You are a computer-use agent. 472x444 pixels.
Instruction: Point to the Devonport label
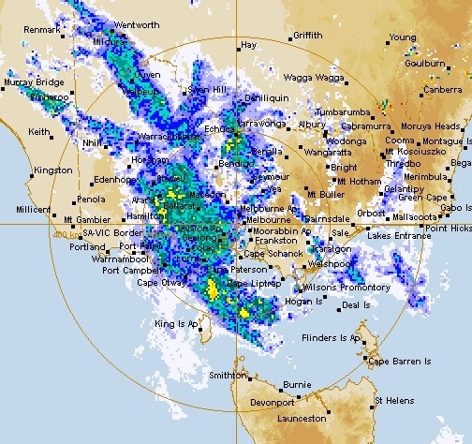pos(273,403)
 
